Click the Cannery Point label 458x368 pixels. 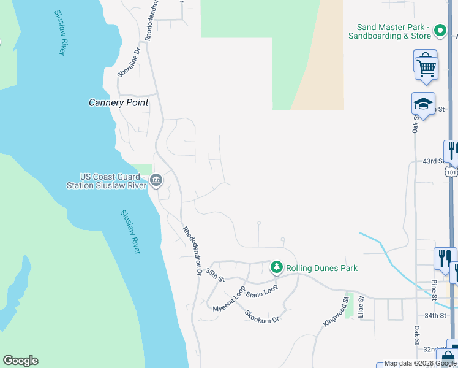pos(119,103)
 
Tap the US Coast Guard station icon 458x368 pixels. pos(156,180)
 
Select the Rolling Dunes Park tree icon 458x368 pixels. pos(277,267)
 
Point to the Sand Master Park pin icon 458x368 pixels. pos(440,30)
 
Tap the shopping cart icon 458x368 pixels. pos(426,66)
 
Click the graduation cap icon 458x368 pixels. pos(423,103)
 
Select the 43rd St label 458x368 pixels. pos(433,161)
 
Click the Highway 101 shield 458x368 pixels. pos(451,173)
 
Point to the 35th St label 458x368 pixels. pos(215,274)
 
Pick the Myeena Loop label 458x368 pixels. pos(228,299)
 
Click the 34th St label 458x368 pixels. pos(436,315)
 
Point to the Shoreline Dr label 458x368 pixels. pos(129,63)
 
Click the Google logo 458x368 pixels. pos(20,361)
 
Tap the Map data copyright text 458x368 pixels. pos(420,364)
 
